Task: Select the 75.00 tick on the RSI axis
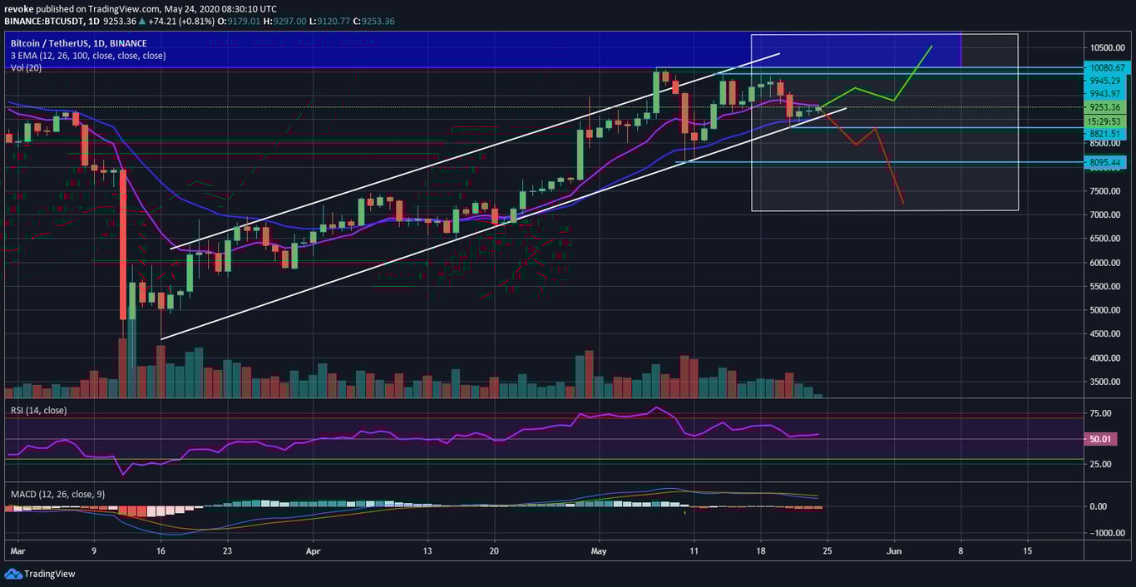1102,414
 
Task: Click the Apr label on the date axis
313,551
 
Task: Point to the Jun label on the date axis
894,551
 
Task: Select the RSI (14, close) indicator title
38,411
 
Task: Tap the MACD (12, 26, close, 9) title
58,494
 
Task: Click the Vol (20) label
27,67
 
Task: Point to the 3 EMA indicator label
87,56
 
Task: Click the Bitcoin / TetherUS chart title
78,43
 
